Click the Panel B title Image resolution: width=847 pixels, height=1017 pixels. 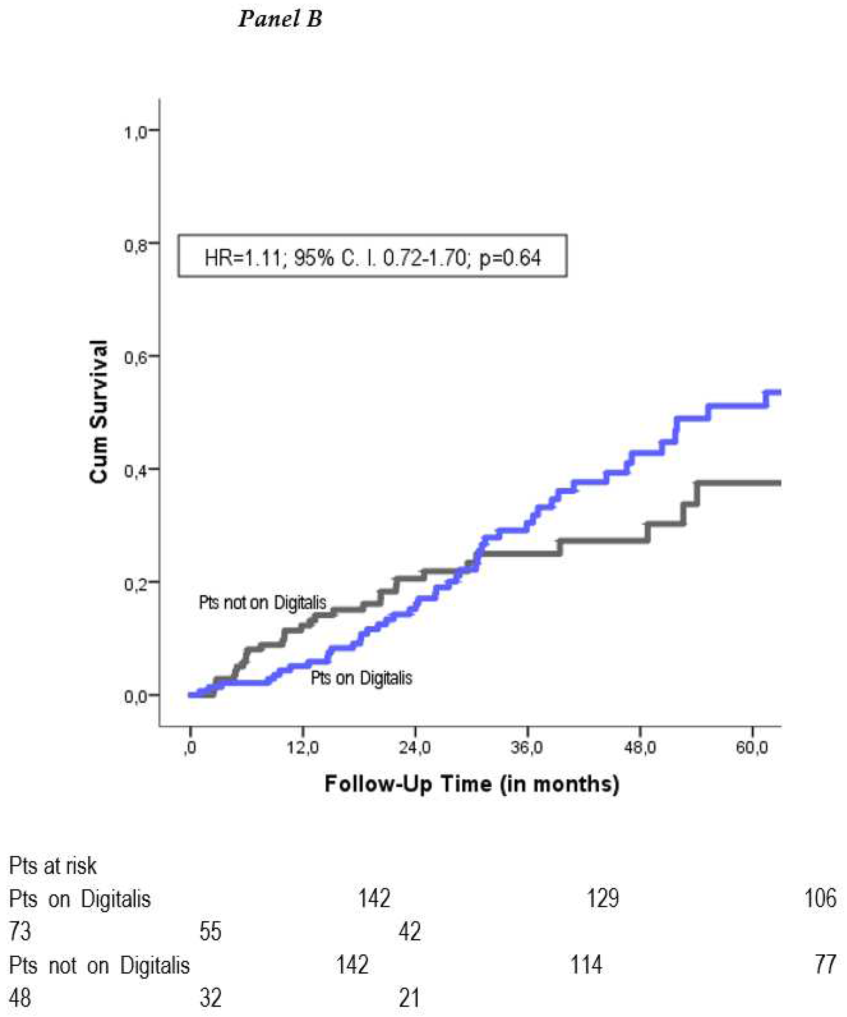click(280, 19)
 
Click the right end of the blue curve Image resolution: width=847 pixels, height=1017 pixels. click(779, 393)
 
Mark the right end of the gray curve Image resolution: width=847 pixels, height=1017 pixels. click(779, 483)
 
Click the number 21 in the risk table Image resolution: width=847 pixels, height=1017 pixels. click(409, 998)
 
